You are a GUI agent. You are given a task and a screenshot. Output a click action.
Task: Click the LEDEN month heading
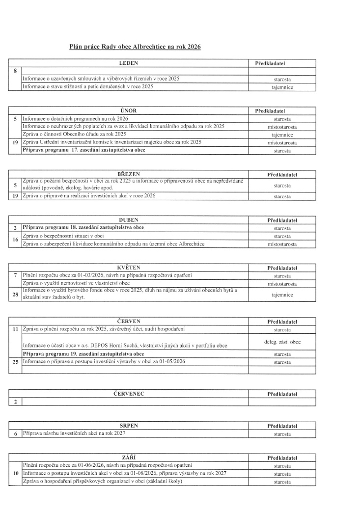click(129, 63)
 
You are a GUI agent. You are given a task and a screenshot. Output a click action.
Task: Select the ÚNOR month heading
click(128, 111)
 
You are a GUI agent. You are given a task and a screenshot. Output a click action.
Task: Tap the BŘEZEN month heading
click(129, 174)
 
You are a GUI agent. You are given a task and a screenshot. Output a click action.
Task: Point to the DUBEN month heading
click(129, 219)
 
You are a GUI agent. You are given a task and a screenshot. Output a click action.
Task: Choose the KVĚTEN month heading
click(129, 268)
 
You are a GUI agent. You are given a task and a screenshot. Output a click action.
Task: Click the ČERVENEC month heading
click(129, 393)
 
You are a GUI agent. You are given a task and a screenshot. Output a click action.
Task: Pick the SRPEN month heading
click(129, 426)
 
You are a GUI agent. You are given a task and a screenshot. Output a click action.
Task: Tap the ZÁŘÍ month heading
click(129, 458)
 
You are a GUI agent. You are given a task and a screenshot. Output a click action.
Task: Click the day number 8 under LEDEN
click(15, 72)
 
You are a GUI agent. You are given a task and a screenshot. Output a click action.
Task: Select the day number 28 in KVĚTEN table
click(15, 295)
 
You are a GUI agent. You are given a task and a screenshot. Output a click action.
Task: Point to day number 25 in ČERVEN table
click(15, 362)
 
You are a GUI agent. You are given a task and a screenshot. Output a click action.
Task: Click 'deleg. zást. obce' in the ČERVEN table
click(282, 342)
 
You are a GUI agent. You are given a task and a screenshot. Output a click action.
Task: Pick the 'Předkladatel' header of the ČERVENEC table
click(282, 394)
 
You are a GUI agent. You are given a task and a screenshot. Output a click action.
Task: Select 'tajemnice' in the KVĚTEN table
click(282, 295)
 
